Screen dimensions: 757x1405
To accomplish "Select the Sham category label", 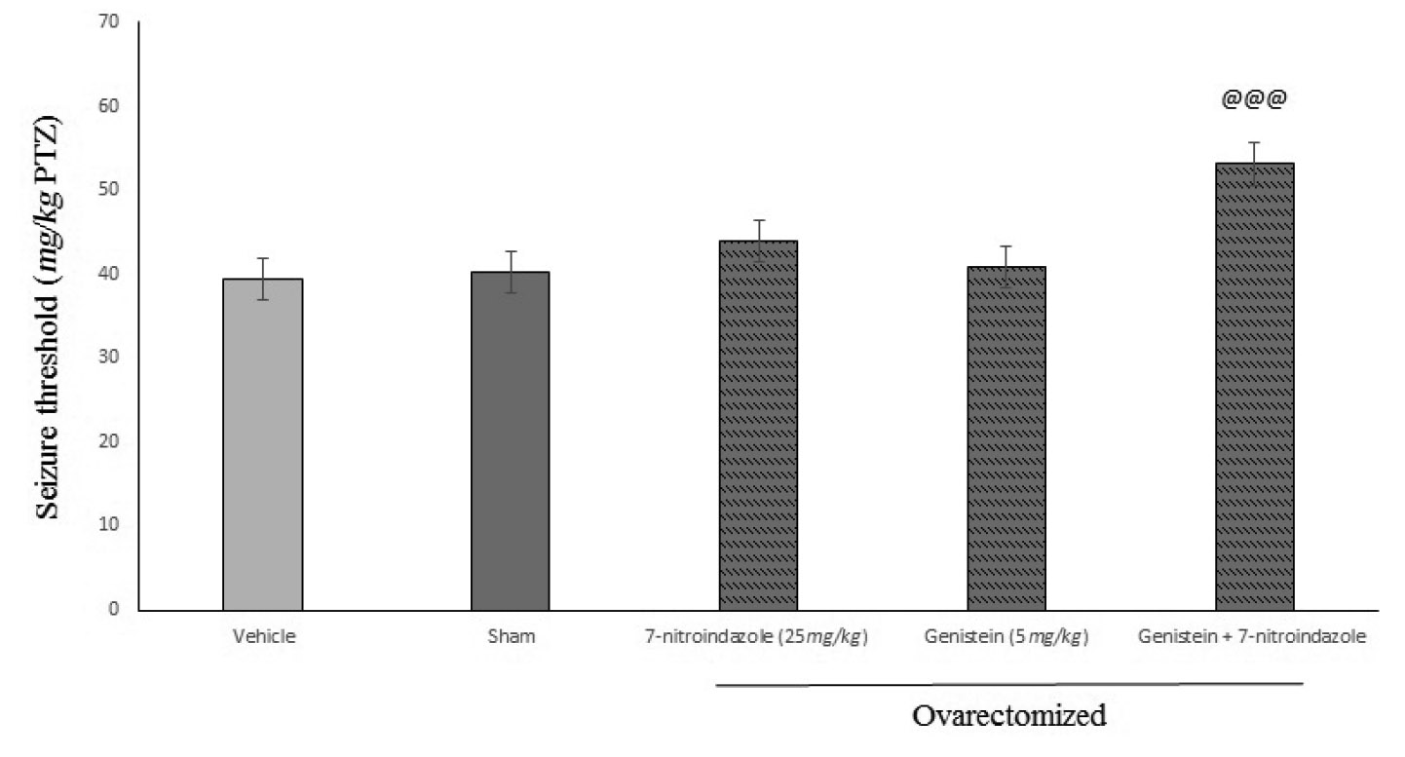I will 510,637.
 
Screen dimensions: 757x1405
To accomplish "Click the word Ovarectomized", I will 1008,716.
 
